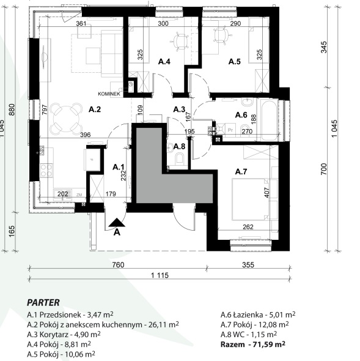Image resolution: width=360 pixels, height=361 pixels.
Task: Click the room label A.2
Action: tap(95, 110)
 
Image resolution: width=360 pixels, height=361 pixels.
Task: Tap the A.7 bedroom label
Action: tap(241, 171)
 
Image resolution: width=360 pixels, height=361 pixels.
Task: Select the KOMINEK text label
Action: tap(109, 94)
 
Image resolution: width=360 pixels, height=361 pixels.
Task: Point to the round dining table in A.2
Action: tap(66, 119)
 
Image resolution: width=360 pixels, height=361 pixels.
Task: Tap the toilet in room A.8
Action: tap(180, 159)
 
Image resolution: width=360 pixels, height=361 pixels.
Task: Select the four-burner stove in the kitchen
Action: tap(46, 170)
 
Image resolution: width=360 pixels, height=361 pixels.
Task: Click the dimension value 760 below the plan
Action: tap(118, 265)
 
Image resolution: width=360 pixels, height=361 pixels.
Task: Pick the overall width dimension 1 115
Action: tap(160, 275)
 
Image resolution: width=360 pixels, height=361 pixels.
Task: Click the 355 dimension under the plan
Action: tap(248, 265)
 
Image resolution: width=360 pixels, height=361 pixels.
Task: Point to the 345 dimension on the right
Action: tap(323, 47)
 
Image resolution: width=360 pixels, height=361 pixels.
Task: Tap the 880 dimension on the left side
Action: tap(12, 110)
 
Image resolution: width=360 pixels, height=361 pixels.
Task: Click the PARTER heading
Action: tap(43, 302)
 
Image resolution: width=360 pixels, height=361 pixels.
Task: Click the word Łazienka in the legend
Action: tap(248, 314)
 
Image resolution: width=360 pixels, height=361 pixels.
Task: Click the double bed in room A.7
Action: tap(250, 199)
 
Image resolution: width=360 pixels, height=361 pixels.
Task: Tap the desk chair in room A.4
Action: tap(180, 42)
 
